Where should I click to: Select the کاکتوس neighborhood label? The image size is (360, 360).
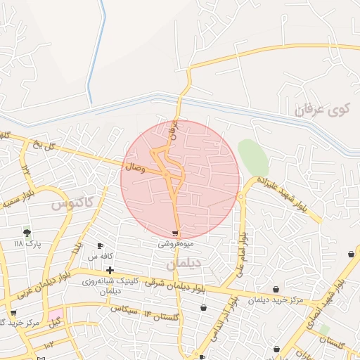pos(73,203)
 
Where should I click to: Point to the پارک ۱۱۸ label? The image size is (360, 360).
pos(28,243)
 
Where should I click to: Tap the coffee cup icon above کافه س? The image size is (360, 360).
pos(100,246)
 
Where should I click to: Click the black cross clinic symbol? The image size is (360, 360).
pos(110,270)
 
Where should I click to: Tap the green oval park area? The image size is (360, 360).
pos(252,157)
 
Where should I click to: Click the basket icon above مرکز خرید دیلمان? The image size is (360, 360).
pos(276,289)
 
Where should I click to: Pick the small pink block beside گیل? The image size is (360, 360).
pos(55,312)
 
